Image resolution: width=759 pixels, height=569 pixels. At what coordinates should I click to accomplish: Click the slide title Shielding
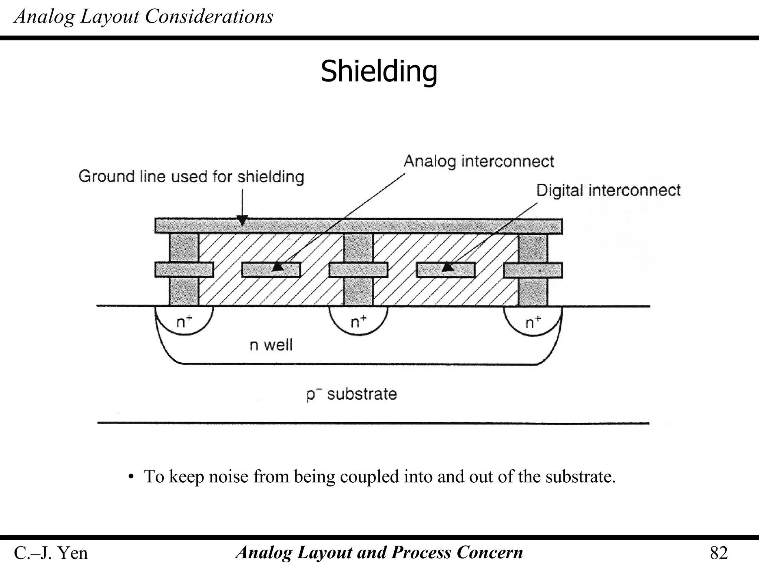[x=379, y=71]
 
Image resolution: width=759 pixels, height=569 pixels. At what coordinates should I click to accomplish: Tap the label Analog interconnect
[x=478, y=162]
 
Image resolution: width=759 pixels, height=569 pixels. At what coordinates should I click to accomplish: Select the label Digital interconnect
[x=608, y=190]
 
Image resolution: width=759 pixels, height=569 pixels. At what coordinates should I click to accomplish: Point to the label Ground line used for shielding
[x=191, y=176]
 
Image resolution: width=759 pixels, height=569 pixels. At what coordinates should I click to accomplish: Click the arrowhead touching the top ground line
[x=242, y=221]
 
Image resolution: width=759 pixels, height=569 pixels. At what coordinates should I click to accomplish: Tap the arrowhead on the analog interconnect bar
[x=278, y=267]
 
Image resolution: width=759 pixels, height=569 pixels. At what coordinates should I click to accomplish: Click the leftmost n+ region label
[x=184, y=322]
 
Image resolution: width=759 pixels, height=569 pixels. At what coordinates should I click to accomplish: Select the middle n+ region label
[x=358, y=322]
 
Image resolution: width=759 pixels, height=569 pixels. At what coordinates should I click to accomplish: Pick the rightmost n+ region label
[x=533, y=322]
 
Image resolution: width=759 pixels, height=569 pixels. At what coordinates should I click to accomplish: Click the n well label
[x=271, y=345]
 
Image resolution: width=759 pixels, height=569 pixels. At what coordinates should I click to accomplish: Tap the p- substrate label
[x=351, y=394]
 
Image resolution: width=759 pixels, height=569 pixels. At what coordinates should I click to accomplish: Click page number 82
[x=719, y=553]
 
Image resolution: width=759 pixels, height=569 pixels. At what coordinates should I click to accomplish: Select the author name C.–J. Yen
[x=51, y=553]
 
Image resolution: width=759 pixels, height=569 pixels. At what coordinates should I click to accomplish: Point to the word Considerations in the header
[x=209, y=17]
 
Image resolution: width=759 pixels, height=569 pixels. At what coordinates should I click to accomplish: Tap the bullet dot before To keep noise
[x=130, y=477]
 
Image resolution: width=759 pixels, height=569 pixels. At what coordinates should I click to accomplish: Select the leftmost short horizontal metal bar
[x=184, y=270]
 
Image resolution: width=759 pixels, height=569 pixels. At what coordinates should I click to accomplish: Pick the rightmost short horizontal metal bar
[x=533, y=270]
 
